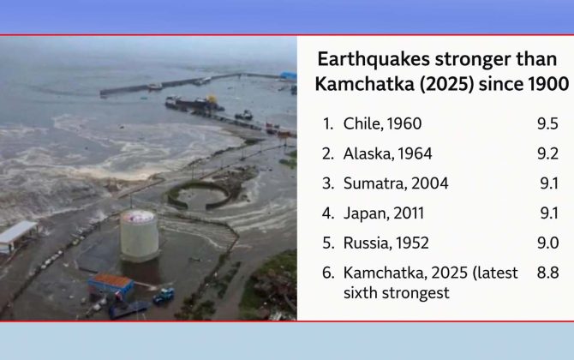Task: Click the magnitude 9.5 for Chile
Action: pyautogui.click(x=547, y=123)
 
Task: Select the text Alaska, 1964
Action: pyautogui.click(x=388, y=153)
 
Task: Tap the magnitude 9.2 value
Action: pyautogui.click(x=547, y=153)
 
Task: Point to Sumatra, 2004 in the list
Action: pyautogui.click(x=396, y=183)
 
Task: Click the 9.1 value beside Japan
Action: pyautogui.click(x=549, y=213)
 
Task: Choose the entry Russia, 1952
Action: pyautogui.click(x=386, y=243)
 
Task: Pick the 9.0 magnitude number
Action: pyautogui.click(x=547, y=243)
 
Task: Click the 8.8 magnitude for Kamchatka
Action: pyautogui.click(x=547, y=273)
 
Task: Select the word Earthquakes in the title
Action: pyautogui.click(x=374, y=59)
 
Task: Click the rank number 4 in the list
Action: pyautogui.click(x=327, y=213)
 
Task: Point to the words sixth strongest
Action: pyautogui.click(x=396, y=293)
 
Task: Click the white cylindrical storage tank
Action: pyautogui.click(x=139, y=236)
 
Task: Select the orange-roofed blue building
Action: pyautogui.click(x=111, y=285)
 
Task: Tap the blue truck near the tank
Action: pyautogui.click(x=164, y=296)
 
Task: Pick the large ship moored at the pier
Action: pyautogui.click(x=194, y=103)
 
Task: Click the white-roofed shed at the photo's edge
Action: pyautogui.click(x=16, y=236)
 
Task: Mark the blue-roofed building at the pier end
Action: pyautogui.click(x=289, y=75)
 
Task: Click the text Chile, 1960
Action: pyautogui.click(x=382, y=123)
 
